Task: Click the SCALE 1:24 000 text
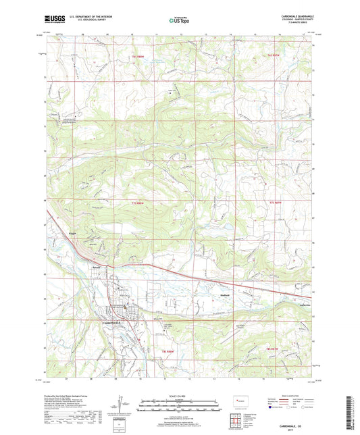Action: click(179, 395)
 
